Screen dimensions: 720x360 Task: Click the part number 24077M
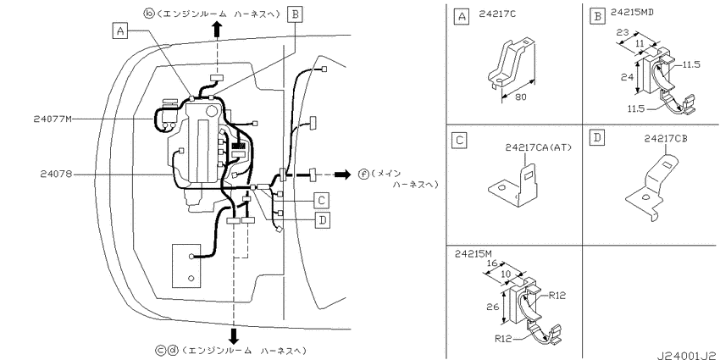pos(53,119)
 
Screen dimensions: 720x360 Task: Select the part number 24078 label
pos(55,174)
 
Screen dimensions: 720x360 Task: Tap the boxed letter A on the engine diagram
pos(119,30)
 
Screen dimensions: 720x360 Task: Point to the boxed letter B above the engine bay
pos(295,14)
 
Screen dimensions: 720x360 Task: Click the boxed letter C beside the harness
pos(322,200)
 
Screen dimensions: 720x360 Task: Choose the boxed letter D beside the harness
pos(323,221)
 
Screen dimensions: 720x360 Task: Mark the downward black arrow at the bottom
pos(234,335)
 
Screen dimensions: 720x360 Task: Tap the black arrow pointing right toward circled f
pos(342,174)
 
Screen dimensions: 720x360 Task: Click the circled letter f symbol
pos(363,174)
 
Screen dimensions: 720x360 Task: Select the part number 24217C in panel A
pos(497,14)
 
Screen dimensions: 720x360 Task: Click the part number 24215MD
pos(632,13)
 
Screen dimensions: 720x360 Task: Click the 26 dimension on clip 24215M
pos(493,306)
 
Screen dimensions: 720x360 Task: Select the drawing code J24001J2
pos(687,356)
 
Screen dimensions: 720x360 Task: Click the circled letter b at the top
pos(149,14)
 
